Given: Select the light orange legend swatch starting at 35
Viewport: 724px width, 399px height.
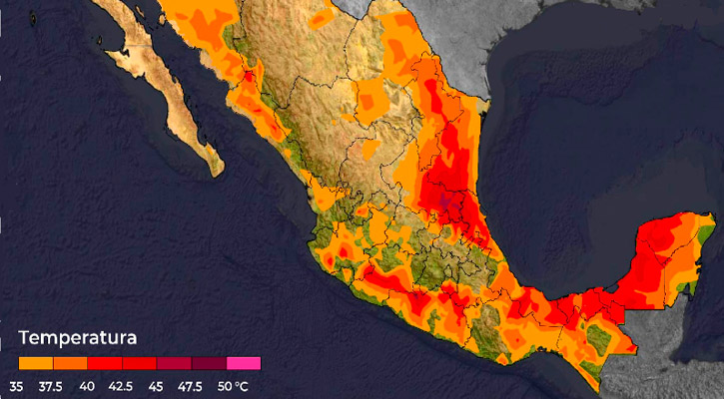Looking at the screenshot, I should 36,363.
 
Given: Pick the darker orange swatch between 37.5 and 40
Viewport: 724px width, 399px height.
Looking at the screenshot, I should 70,363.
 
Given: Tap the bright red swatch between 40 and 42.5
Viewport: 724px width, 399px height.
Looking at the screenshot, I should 105,363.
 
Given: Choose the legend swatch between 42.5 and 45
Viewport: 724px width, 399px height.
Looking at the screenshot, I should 140,363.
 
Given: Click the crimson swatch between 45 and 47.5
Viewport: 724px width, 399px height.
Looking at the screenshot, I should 175,363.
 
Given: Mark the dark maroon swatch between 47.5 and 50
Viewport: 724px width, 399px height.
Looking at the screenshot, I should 210,363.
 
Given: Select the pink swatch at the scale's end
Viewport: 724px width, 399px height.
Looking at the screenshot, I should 244,363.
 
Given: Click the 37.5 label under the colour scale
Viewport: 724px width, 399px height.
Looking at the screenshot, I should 52,386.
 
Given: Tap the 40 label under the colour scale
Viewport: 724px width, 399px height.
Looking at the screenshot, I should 88,386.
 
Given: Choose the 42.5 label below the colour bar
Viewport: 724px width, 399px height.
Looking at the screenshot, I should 122,386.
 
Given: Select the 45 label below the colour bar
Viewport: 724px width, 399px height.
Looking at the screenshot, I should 158,386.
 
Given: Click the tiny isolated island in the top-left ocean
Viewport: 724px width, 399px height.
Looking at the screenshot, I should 33,17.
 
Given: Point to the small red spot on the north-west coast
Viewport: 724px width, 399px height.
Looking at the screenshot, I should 246,76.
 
